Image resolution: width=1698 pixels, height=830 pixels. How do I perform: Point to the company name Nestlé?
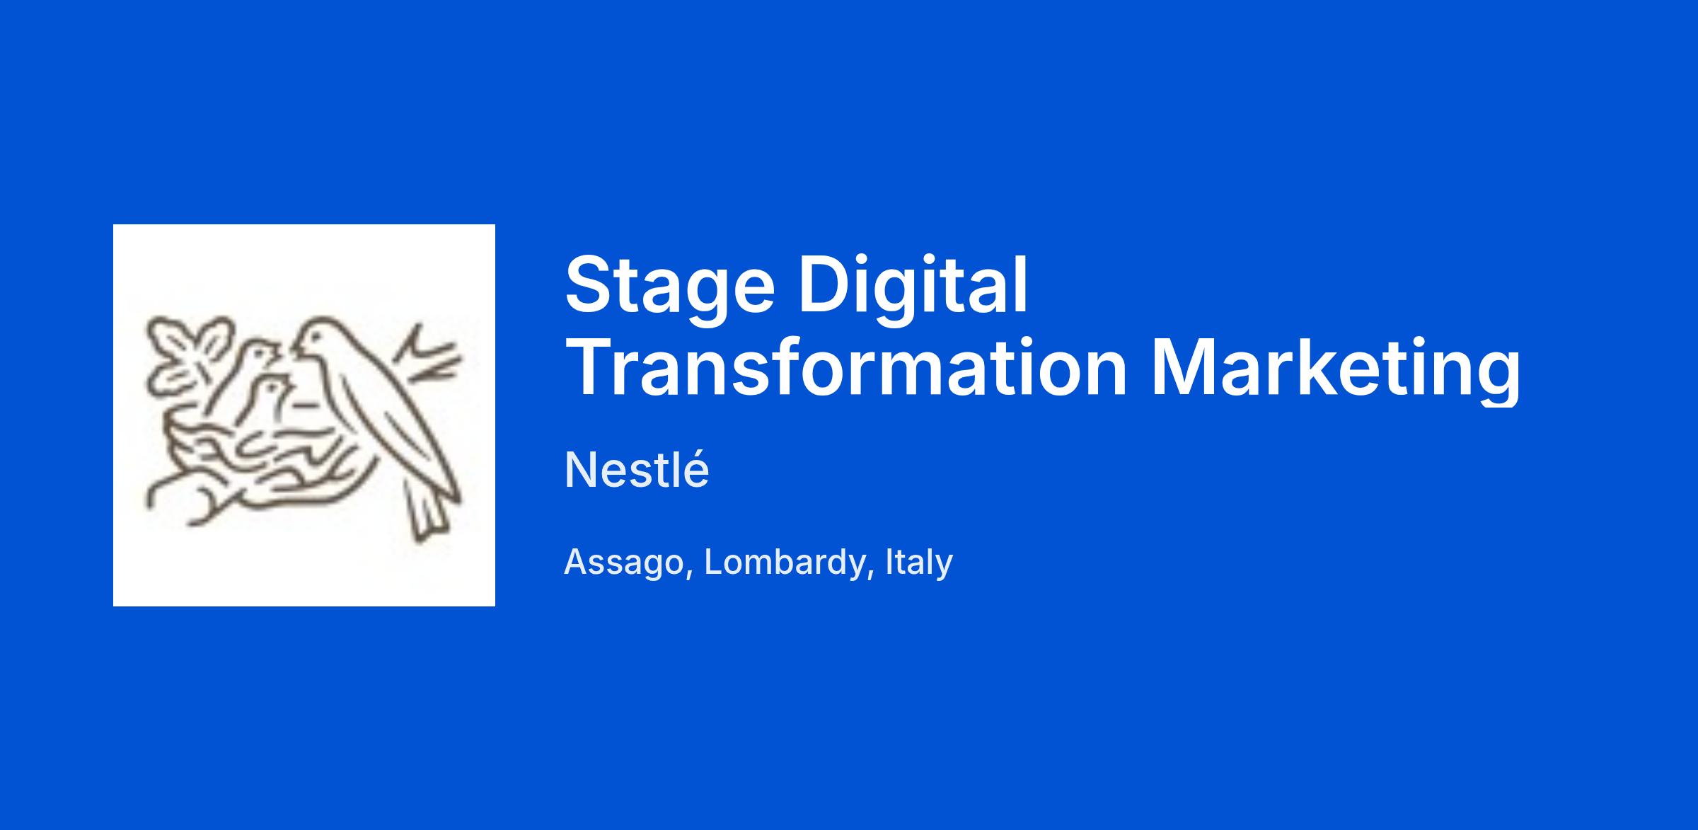coord(637,470)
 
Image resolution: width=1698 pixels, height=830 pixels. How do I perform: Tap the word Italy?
coord(918,562)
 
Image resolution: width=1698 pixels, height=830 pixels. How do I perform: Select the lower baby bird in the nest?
coord(272,400)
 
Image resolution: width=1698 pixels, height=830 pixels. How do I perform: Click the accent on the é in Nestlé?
coord(696,453)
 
